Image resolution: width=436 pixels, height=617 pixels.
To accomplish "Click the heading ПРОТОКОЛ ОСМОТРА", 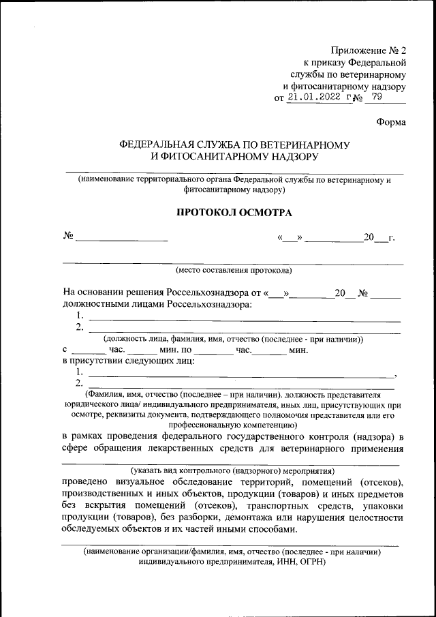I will click(x=234, y=213).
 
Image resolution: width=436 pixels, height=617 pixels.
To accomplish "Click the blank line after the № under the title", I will click(x=121, y=238).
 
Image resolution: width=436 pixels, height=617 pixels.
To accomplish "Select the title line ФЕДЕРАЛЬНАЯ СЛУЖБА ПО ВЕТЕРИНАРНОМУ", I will click(x=234, y=145).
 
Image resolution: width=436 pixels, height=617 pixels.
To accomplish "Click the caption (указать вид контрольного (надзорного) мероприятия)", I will click(x=232, y=470).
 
